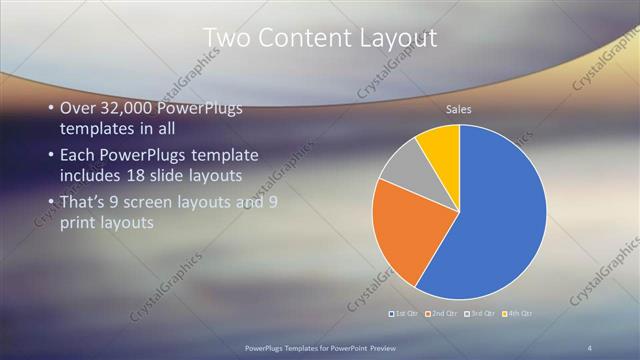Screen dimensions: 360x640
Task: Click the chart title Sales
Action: pyautogui.click(x=459, y=110)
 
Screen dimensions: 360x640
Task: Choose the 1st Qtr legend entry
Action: pyautogui.click(x=403, y=314)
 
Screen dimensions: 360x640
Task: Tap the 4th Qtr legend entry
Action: pyautogui.click(x=517, y=314)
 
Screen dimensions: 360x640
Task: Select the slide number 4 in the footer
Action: pyautogui.click(x=590, y=346)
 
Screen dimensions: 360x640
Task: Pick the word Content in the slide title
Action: pyautogui.click(x=298, y=38)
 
